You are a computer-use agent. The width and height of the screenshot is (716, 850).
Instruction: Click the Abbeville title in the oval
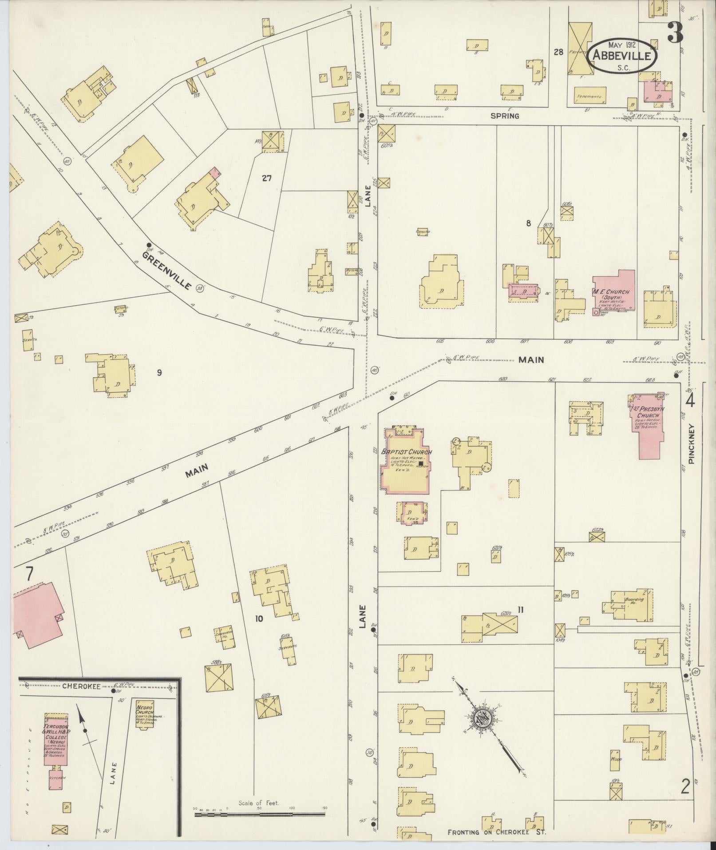[623, 56]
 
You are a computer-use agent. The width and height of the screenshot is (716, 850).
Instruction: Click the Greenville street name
[167, 270]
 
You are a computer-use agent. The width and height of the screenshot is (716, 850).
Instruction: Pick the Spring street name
[505, 116]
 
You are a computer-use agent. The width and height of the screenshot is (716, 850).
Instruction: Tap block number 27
[266, 179]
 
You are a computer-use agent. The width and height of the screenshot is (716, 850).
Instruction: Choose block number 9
[159, 372]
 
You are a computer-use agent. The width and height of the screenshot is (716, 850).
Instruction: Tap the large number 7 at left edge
[29, 574]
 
